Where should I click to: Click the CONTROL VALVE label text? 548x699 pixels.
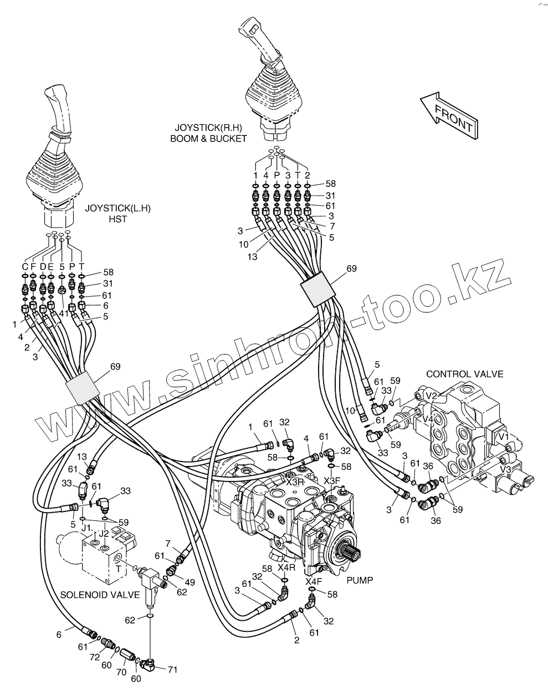pos(464,374)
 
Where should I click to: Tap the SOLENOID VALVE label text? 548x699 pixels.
pos(100,595)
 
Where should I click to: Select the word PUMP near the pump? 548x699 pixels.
pos(360,580)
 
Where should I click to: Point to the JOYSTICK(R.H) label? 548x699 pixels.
pos(208,127)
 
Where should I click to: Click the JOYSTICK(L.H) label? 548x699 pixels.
pos(117,209)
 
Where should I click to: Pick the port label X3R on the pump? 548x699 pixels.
pos(295,482)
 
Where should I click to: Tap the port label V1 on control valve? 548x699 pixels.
pos(504,437)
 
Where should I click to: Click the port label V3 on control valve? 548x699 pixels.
pos(505,469)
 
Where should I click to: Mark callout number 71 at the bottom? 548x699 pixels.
pos(172,670)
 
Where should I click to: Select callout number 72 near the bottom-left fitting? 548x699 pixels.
pos(95,657)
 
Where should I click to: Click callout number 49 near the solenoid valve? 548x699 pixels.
pos(190,582)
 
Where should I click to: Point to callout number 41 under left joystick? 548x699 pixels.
pos(64,313)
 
